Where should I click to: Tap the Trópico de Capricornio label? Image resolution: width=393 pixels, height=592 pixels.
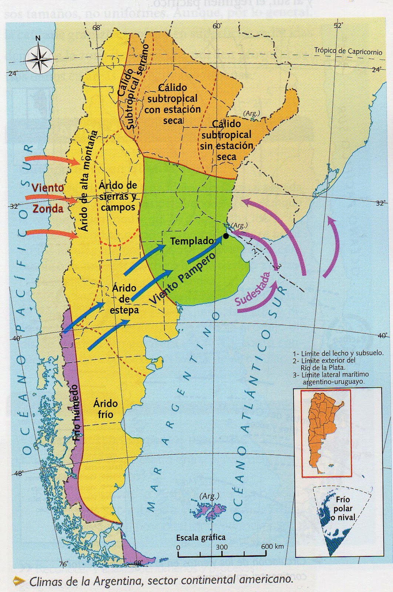tap(348, 51)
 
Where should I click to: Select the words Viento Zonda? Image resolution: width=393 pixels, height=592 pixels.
tap(47, 198)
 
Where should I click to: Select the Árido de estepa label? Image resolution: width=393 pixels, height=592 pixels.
tap(124, 299)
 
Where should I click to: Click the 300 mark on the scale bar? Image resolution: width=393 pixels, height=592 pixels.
tap(222, 547)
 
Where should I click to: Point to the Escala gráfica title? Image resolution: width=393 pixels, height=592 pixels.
tap(201, 537)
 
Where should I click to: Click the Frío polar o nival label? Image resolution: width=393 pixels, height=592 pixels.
tap(343, 509)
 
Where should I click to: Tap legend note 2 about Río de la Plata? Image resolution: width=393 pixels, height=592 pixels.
tap(324, 364)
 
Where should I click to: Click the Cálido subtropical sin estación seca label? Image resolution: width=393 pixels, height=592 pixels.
tap(226, 140)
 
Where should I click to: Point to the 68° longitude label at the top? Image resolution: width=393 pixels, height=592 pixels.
tap(98, 28)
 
